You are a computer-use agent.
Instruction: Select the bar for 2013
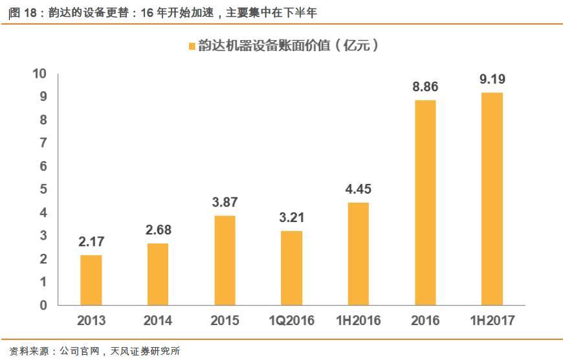point(91,280)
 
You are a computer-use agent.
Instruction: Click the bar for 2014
point(158,274)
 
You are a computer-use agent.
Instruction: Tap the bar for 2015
point(225,260)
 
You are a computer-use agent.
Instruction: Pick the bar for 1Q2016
point(291,267)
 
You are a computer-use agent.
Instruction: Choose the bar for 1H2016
point(359,253)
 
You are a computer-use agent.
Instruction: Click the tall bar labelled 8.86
point(425,202)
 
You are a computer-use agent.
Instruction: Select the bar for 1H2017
point(492,198)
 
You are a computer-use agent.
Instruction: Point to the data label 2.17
point(91,242)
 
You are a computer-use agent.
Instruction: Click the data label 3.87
point(225,203)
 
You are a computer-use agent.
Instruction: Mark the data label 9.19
point(492,80)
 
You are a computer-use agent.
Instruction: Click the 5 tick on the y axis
point(44,190)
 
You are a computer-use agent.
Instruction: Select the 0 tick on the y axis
point(44,305)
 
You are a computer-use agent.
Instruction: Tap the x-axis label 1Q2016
point(291,321)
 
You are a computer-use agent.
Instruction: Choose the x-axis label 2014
point(158,321)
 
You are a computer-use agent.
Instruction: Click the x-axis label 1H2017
point(492,321)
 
